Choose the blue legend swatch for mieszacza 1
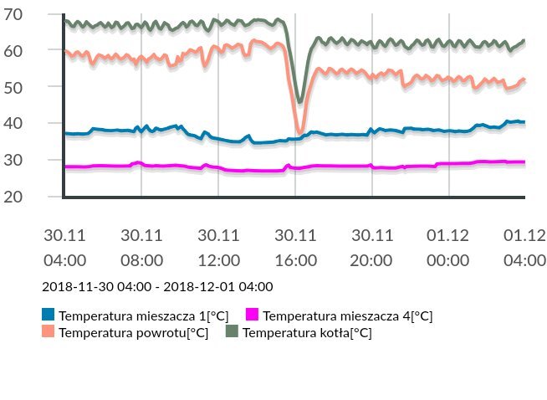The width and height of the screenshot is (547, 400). click(x=49, y=315)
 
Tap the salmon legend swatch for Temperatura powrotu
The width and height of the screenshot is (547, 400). click(x=49, y=332)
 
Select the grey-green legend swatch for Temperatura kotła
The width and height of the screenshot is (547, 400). click(x=232, y=332)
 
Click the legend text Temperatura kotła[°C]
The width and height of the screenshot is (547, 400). click(x=307, y=333)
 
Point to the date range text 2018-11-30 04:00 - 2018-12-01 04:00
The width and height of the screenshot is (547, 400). click(x=157, y=287)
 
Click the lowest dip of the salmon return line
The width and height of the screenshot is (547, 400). click(x=301, y=131)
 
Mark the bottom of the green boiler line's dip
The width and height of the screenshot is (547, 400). click(x=299, y=102)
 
